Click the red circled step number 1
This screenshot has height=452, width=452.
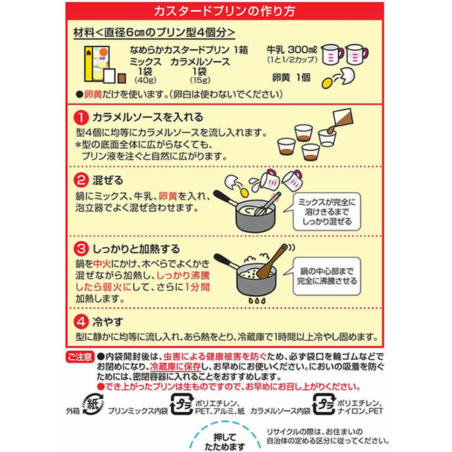coord(81,118)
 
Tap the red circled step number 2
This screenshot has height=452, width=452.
coord(81,181)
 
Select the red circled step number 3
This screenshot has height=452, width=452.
coord(81,249)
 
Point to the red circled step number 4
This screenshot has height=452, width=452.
coord(81,321)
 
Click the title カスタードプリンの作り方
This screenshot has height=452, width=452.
coord(224,11)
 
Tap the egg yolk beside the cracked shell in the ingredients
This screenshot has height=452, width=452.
coord(327,83)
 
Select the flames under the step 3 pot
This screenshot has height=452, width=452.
coord(257,301)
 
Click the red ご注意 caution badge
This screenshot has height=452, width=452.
coord(80,357)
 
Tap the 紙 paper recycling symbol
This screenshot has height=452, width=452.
coord(93,404)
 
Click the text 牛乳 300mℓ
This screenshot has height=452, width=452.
coord(292,50)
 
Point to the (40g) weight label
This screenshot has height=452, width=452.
coord(145,80)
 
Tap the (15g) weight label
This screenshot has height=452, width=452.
coord(200,80)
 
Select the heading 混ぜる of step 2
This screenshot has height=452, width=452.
coord(107,181)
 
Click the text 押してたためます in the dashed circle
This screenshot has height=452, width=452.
coord(224,441)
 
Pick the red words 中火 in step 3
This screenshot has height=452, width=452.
coord(102,264)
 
